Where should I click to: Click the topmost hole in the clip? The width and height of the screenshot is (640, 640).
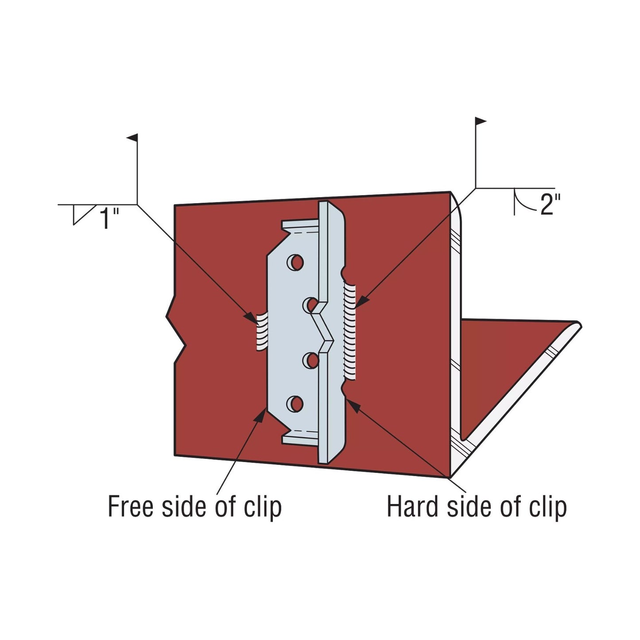(x=295, y=262)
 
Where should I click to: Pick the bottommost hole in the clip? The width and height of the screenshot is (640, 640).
(x=295, y=403)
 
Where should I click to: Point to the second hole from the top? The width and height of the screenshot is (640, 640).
(x=311, y=305)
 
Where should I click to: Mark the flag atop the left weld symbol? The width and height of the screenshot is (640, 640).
(x=132, y=138)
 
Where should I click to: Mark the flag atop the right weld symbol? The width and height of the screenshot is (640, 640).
(x=481, y=121)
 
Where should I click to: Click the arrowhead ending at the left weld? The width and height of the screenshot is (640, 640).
(x=251, y=317)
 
